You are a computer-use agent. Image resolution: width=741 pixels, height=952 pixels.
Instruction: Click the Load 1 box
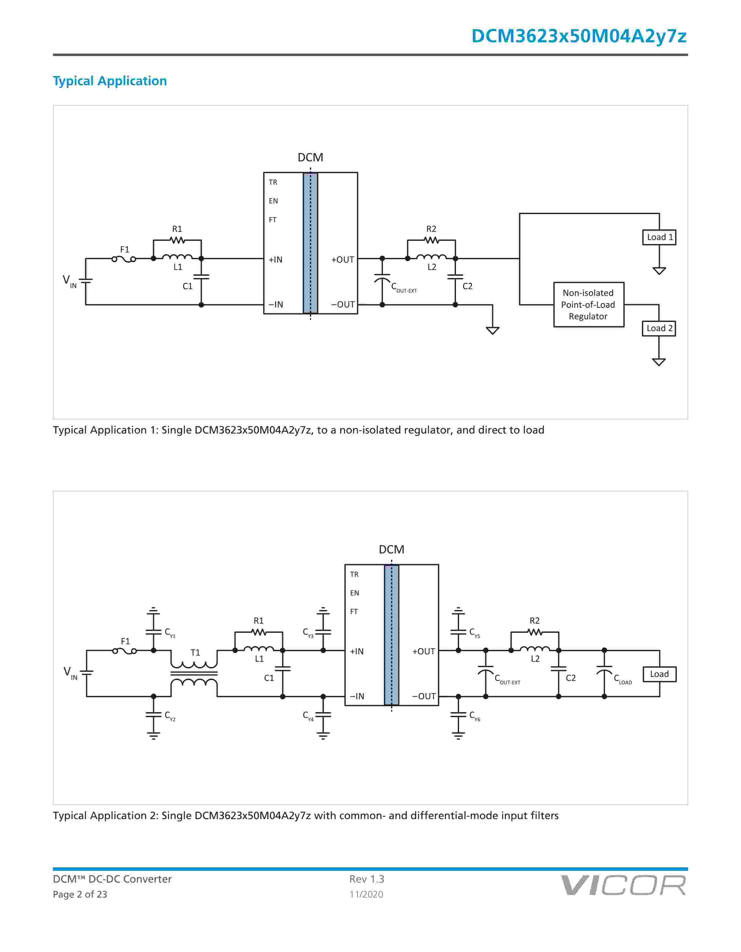659,237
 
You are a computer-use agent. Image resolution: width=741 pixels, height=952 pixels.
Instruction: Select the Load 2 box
659,328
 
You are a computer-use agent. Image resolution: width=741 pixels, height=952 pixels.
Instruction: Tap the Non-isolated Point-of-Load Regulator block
588,305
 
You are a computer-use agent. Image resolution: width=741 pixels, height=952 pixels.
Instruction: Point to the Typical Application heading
110,81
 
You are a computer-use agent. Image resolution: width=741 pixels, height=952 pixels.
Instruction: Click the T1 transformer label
195,652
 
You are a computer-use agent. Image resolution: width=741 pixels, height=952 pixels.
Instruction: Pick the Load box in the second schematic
659,674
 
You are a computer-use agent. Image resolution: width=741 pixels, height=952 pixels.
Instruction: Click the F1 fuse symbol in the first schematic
124,259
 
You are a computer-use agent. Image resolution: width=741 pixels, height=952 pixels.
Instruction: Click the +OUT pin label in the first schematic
343,260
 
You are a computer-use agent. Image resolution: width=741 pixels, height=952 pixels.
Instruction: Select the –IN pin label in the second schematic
357,696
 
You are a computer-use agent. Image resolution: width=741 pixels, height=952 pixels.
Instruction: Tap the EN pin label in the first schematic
274,201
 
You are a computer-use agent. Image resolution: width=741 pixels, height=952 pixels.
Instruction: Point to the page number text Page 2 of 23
80,894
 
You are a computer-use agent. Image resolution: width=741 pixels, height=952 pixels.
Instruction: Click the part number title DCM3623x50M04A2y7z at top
579,36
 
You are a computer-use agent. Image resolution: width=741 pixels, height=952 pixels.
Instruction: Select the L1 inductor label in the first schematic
178,267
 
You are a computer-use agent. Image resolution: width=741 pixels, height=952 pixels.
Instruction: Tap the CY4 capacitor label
308,716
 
